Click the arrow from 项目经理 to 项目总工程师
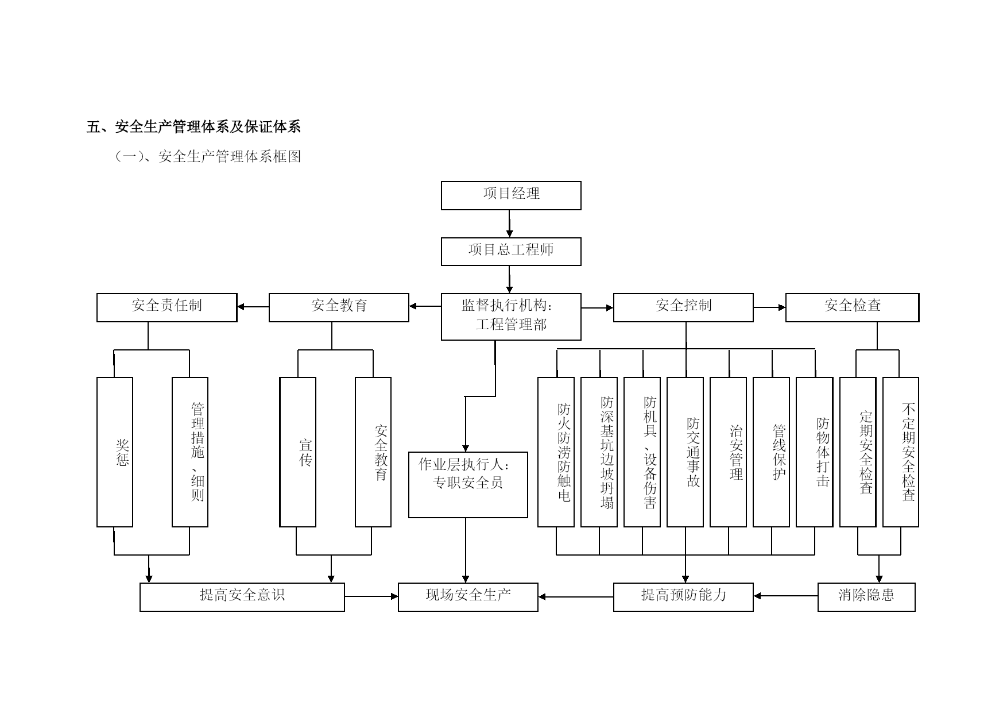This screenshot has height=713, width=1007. point(509,223)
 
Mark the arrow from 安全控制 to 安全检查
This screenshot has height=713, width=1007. point(769,307)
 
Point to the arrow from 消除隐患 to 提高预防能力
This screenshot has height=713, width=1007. point(785,596)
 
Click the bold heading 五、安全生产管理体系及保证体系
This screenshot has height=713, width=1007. point(193,126)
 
